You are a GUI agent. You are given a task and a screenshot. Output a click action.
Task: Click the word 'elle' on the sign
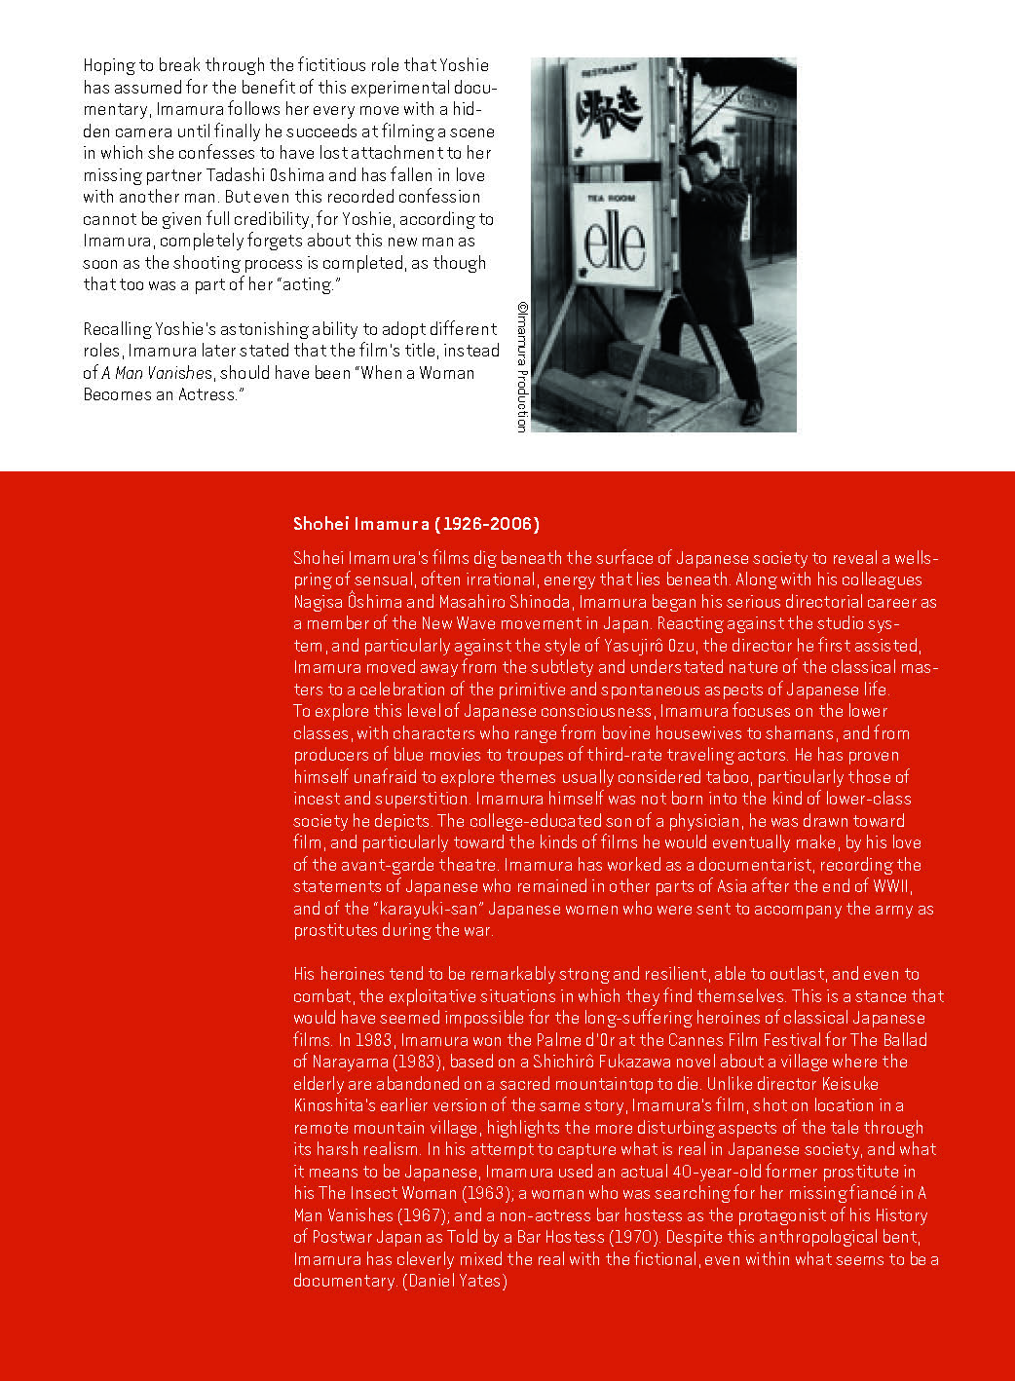coord(616,241)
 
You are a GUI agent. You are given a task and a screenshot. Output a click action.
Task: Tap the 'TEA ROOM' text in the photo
coord(611,198)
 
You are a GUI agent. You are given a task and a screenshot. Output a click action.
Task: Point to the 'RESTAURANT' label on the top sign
coord(609,71)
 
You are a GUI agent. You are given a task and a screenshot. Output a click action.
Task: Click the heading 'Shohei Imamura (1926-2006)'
coord(416,524)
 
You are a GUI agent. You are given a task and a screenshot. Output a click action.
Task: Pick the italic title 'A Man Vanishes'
coord(157,373)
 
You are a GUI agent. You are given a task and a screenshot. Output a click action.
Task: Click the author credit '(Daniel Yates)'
coord(455,1281)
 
